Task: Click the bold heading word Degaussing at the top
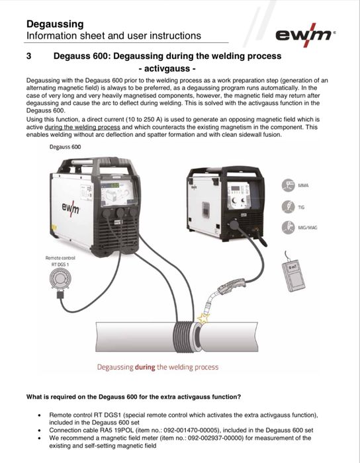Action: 55,24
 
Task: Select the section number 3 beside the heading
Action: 28,56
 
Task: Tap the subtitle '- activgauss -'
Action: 167,69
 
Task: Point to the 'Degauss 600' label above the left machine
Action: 65,147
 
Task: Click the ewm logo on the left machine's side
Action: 71,210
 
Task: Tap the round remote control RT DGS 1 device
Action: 60,280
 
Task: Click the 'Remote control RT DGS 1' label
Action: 60,261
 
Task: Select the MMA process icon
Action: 288,186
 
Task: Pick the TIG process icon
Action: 288,206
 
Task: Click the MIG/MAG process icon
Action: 288,228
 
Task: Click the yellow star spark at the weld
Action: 203,318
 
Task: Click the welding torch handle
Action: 234,286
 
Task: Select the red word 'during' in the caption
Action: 145,367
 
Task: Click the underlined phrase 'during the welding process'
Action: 83,127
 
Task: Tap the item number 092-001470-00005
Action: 189,430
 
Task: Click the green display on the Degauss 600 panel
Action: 114,185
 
